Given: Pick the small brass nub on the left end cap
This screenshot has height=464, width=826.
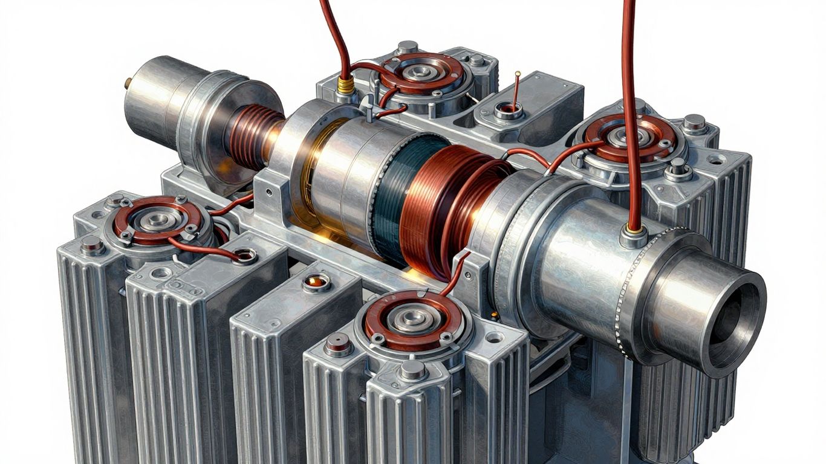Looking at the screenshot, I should coord(128,83).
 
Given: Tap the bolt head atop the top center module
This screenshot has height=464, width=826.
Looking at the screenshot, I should coord(408,47).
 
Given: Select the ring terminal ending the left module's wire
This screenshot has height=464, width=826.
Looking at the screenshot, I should coord(245,257).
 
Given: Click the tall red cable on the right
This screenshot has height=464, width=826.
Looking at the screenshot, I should coord(629,91).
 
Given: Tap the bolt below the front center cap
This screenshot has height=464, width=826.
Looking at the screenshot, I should coord(412,370).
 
